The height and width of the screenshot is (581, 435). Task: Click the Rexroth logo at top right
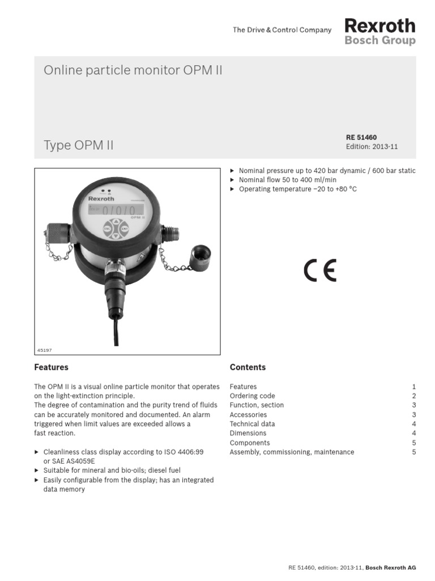point(379,26)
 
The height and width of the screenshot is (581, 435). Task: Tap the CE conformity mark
point(320,271)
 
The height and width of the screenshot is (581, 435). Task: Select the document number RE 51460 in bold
point(361,137)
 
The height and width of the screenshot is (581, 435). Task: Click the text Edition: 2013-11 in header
point(372,146)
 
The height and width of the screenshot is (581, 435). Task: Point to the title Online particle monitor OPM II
point(133,70)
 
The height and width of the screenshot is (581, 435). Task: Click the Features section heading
point(52,367)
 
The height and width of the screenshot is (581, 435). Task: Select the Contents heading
point(248,367)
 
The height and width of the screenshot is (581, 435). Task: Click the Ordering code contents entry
point(252,396)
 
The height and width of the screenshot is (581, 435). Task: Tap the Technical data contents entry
point(252,424)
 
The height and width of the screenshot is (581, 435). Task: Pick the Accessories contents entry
point(248,415)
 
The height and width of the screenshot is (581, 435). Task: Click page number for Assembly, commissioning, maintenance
point(414,452)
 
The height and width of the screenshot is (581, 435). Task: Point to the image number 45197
point(45,351)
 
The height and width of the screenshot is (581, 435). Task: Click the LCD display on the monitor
point(116,210)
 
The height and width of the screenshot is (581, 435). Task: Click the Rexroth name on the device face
point(101,199)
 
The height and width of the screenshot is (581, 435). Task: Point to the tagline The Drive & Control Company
point(282,30)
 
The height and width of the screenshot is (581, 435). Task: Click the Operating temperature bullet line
point(297,189)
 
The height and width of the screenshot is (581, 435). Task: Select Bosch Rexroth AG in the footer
point(391,567)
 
